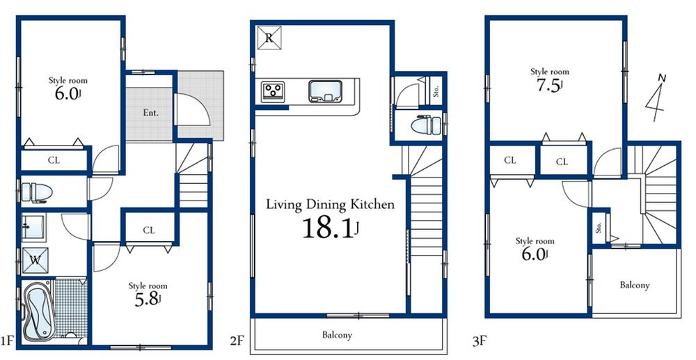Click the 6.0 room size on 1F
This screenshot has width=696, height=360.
click(67, 94)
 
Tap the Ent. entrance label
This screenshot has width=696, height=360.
click(150, 113)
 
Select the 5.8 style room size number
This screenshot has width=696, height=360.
click(147, 299)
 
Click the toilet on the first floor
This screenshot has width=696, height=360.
click(34, 191)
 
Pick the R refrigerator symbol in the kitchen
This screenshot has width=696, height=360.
click(268, 37)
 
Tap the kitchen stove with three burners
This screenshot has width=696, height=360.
click(273, 91)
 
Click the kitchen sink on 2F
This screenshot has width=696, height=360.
click(324, 91)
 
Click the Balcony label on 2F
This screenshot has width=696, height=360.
click(337, 335)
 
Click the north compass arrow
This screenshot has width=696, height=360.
click(656, 95)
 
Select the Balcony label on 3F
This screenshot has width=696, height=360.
click(634, 285)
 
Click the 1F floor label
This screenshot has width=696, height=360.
click(8, 341)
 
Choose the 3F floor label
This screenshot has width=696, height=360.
click(477, 341)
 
